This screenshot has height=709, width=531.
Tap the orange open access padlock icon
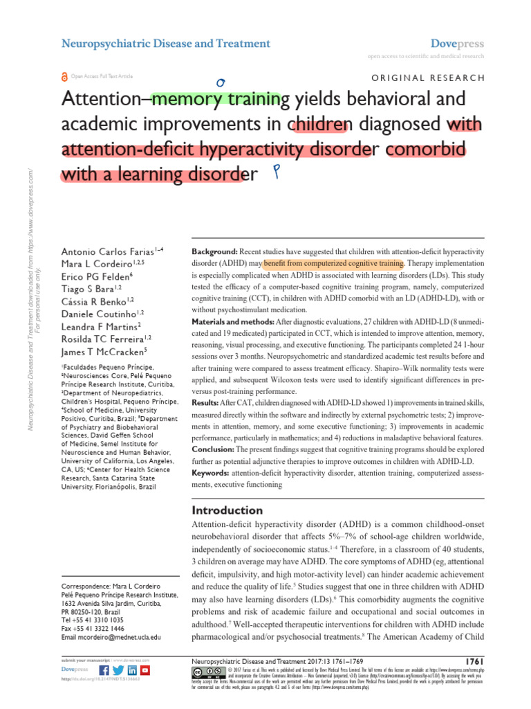pyautogui.click(x=65, y=78)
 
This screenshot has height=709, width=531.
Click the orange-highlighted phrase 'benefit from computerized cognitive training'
pyautogui.click(x=333, y=264)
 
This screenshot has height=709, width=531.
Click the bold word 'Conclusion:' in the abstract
pyautogui.click(x=216, y=448)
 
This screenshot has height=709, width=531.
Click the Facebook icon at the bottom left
pyautogui.click(x=104, y=670)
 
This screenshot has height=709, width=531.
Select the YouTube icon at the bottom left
pyautogui.click(x=145, y=670)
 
